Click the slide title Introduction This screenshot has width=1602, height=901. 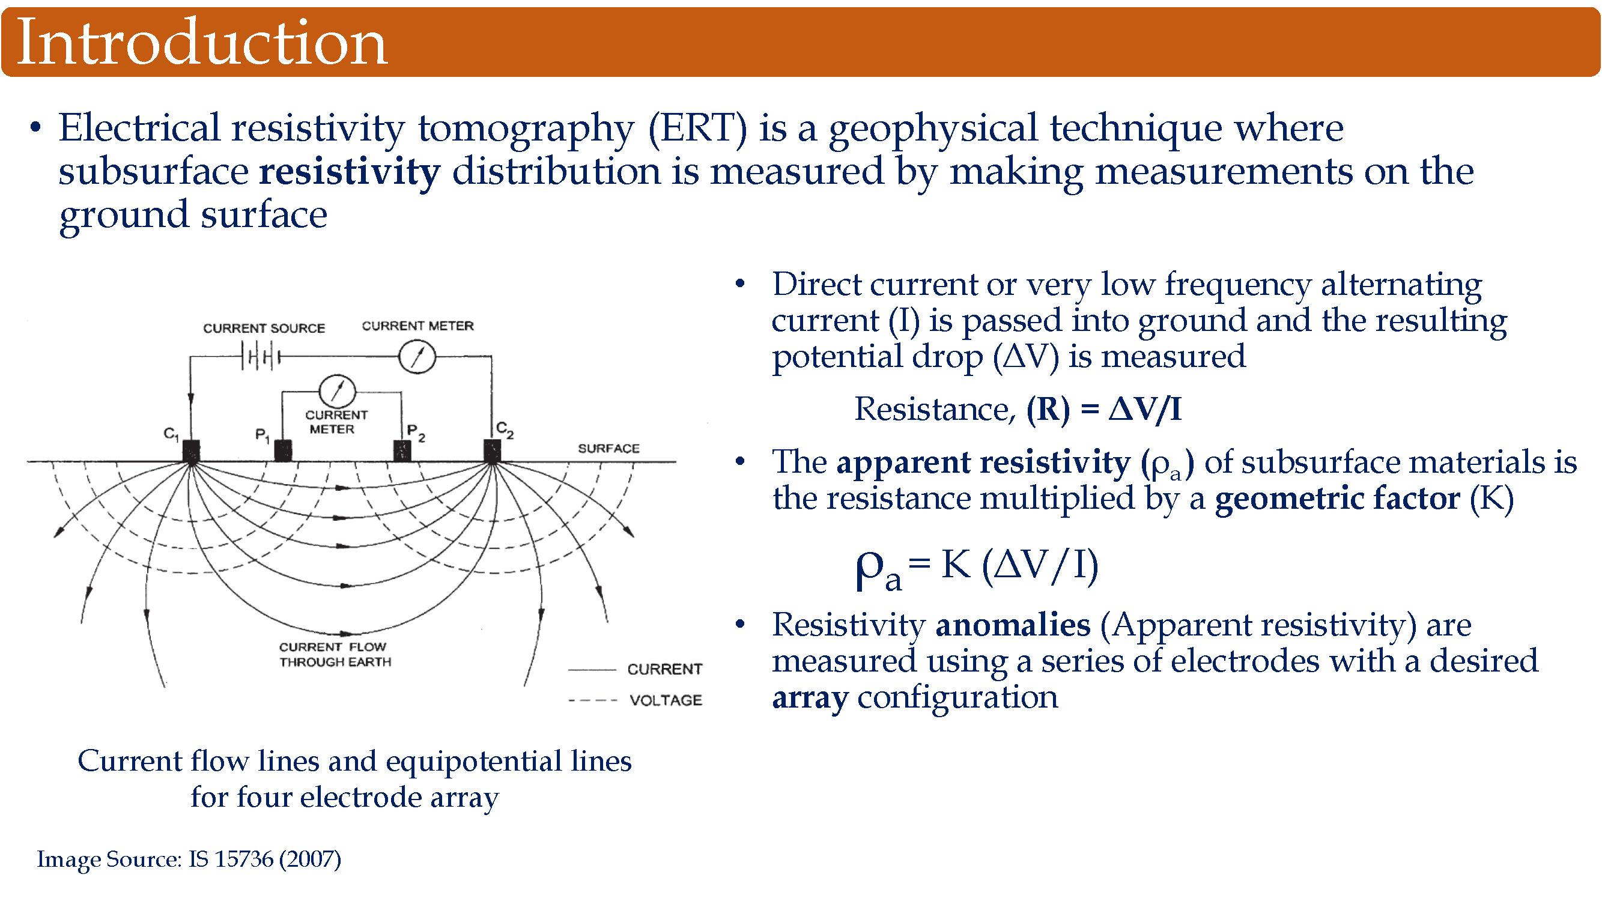202,41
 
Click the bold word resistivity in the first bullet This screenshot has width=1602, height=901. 350,172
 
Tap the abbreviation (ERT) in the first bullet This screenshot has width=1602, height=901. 697,129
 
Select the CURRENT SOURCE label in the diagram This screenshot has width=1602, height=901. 264,328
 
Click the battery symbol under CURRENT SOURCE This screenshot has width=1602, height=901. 261,357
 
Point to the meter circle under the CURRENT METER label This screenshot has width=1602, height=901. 417,357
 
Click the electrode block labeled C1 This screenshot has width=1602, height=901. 192,451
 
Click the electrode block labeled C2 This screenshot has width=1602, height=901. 492,451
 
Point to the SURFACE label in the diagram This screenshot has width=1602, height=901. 608,448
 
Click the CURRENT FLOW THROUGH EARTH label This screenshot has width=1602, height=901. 335,654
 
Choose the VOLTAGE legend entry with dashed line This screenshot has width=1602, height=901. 635,700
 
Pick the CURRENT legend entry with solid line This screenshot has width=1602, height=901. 635,669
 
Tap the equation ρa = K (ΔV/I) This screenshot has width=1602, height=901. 977,568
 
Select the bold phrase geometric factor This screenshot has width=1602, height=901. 1337,499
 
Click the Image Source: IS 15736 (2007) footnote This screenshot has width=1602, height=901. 189,860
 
